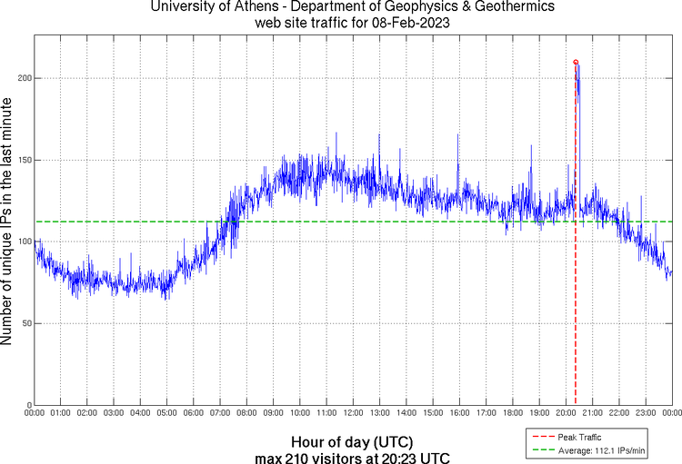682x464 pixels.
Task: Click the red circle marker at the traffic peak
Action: point(576,63)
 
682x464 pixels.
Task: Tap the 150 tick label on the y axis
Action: point(25,160)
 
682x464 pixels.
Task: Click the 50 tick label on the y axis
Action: point(26,323)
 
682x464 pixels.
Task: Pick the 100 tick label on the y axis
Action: point(25,242)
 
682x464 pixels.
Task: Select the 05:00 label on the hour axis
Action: point(166,414)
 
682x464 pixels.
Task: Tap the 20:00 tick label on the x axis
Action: point(566,414)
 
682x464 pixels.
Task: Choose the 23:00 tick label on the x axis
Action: point(646,414)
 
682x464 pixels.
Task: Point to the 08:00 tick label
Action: point(246,414)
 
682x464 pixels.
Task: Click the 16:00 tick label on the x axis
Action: point(459,414)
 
